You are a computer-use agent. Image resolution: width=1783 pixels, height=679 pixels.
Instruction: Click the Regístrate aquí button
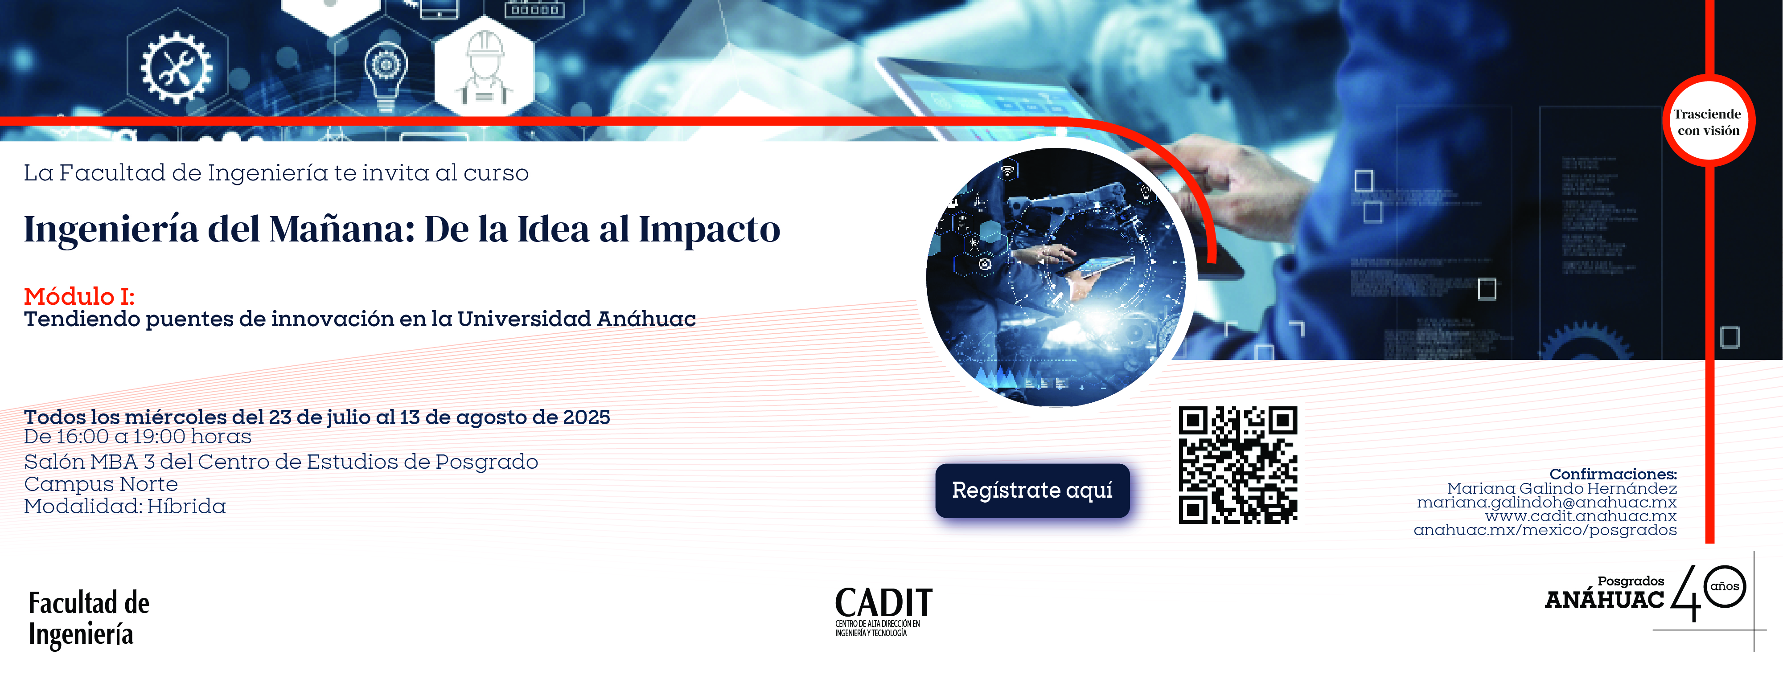click(1032, 490)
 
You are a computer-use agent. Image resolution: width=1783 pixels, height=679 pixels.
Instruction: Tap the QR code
click(1237, 464)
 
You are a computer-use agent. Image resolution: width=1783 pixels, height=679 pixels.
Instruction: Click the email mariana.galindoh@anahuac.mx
click(1546, 503)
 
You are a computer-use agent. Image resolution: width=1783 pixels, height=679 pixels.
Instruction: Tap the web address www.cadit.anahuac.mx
click(1581, 516)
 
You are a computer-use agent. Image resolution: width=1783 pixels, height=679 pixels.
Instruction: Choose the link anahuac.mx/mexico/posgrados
click(1545, 530)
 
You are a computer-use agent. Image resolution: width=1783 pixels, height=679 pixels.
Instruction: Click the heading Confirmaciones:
click(1613, 474)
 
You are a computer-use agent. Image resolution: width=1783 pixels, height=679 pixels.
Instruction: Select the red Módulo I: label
click(79, 296)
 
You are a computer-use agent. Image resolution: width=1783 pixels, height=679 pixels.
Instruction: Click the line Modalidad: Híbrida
click(125, 507)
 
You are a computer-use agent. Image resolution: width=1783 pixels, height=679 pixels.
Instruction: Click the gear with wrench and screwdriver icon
click(177, 68)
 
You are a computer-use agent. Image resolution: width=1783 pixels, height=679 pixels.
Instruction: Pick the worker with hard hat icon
click(484, 68)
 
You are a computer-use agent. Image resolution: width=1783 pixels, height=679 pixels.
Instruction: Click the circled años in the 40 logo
click(1725, 586)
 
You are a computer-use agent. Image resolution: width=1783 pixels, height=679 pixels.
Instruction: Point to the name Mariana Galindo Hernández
click(1561, 489)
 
